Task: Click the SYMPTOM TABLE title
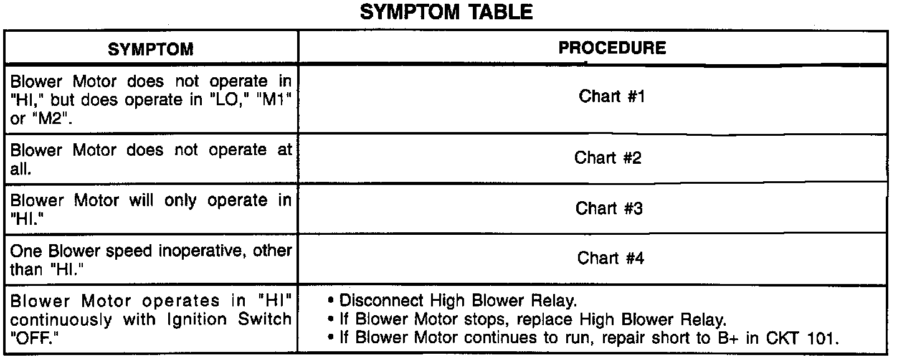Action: pos(447,12)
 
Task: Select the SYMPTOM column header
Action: pos(151,49)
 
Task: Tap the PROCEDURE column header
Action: pos(612,48)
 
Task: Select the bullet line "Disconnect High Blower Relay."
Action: pos(458,301)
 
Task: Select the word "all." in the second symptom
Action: pos(21,169)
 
